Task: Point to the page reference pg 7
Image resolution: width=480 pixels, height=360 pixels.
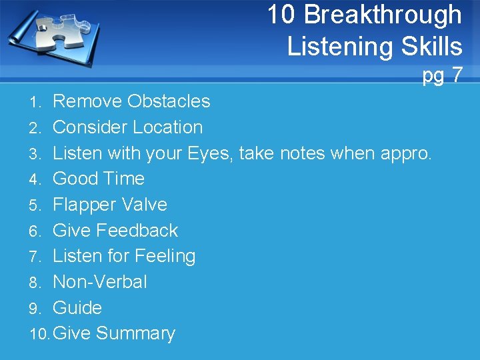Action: tap(442, 75)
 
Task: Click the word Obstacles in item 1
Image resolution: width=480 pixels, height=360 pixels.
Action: tap(169, 101)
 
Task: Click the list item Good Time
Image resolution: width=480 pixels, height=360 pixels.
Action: tap(98, 179)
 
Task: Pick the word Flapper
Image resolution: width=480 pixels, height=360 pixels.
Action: tap(84, 205)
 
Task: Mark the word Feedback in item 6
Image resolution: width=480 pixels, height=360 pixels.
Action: tap(137, 231)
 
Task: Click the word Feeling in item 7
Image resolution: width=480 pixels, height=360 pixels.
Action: tap(165, 257)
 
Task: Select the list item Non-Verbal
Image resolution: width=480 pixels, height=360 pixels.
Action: tap(99, 282)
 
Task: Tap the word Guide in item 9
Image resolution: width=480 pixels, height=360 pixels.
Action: tap(77, 308)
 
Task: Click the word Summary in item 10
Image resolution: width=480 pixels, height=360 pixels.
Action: tap(135, 334)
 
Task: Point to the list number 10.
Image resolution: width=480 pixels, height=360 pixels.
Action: tap(39, 334)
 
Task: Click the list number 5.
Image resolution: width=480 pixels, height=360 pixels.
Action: tap(36, 205)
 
